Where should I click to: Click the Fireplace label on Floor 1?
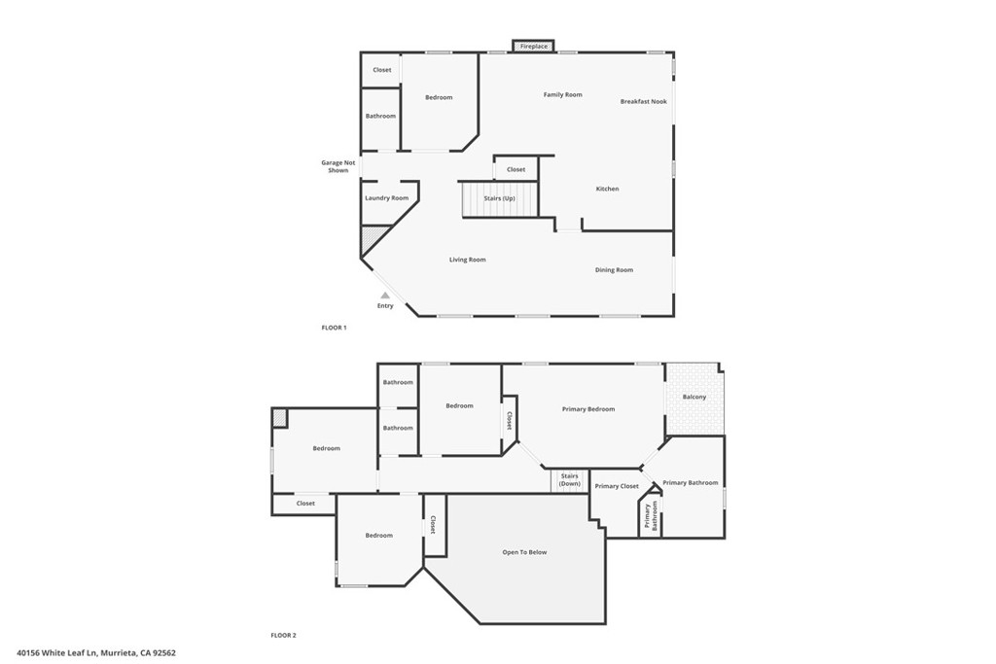[534, 47]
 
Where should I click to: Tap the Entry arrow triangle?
[385, 296]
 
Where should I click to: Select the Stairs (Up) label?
[499, 198]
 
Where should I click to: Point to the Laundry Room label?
[387, 198]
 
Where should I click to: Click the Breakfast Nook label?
[644, 101]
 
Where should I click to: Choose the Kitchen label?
[607, 189]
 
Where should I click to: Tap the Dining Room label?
[615, 270]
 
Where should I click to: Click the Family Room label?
[563, 94]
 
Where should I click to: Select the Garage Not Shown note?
[338, 166]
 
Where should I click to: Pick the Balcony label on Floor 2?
[694, 397]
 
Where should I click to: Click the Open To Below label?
[524, 552]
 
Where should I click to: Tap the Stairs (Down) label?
[570, 480]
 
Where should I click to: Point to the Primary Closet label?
[617, 486]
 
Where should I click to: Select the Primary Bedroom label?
[588, 409]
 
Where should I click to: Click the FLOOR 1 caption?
[335, 328]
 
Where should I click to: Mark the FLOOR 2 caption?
[283, 635]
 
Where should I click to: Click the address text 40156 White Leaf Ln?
[57, 652]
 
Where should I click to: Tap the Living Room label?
[468, 260]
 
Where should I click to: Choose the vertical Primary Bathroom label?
[651, 516]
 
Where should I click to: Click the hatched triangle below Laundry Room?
[369, 237]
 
